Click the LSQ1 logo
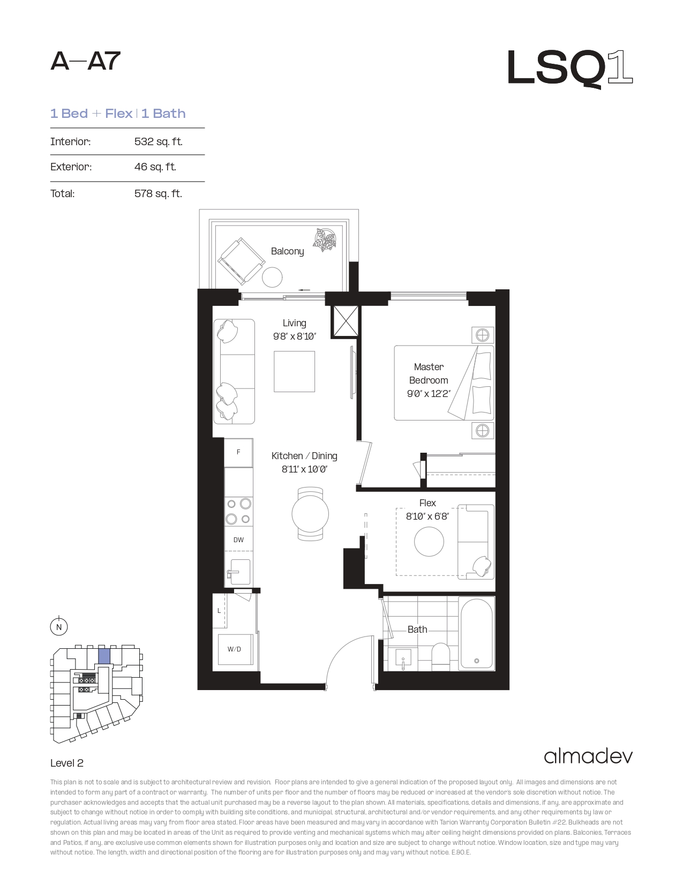pos(570,69)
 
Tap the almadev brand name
pos(588,756)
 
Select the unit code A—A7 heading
pos(85,61)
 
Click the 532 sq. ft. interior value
pos(158,141)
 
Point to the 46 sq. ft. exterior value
pos(155,167)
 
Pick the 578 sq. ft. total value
pos(158,193)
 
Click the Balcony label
pos(287,251)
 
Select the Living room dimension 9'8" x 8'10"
pos(295,336)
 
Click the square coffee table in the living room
pos(294,371)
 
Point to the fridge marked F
pos(238,452)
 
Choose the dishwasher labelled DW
pos(238,540)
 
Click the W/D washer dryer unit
pos(235,649)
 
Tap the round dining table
pos(310,514)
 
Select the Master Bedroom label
pos(429,373)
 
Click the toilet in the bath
pos(440,656)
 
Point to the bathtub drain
pos(477,661)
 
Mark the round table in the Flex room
pos(429,542)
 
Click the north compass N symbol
pos(59,627)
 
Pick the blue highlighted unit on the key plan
pos(104,657)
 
